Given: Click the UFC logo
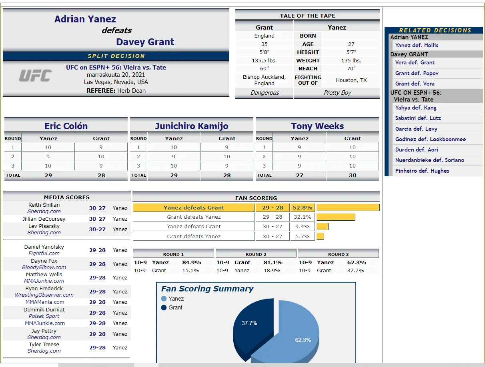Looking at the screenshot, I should (x=35, y=76).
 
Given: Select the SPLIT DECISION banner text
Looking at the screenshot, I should (x=116, y=56).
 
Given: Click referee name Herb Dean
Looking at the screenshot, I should (x=131, y=91).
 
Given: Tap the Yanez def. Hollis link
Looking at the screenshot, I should (x=417, y=45).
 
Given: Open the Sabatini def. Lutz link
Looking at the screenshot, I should (x=418, y=118).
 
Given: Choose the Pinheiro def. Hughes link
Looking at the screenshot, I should (x=422, y=171).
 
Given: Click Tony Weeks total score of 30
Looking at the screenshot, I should (x=352, y=175).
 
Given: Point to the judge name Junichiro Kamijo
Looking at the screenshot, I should (x=192, y=126).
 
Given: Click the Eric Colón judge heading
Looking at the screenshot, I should (x=66, y=126).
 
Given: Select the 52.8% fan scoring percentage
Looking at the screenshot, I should (x=302, y=207).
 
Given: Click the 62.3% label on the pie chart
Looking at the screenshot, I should (x=303, y=340).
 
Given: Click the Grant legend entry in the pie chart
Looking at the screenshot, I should (x=175, y=307).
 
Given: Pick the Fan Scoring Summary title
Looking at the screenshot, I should (x=207, y=289).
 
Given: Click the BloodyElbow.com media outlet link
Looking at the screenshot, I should (x=44, y=267).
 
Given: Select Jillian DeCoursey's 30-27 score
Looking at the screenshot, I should (x=97, y=219).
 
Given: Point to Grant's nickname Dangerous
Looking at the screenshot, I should (x=265, y=93).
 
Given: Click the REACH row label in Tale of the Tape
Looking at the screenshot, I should (x=308, y=68).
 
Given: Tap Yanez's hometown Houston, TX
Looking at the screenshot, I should (x=351, y=80).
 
